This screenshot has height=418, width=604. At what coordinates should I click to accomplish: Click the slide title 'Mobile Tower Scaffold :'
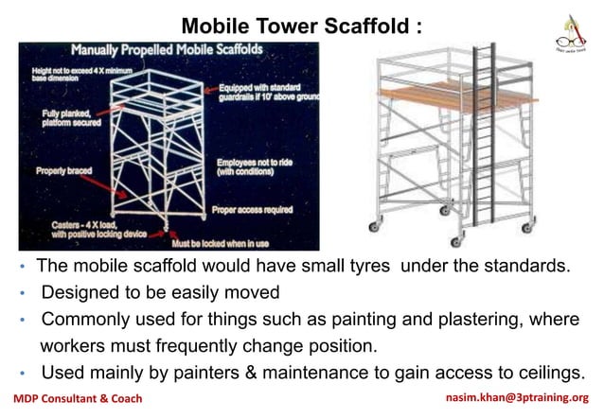pos(301,25)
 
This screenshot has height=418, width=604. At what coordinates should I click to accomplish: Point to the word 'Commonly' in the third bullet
pos(85,319)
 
